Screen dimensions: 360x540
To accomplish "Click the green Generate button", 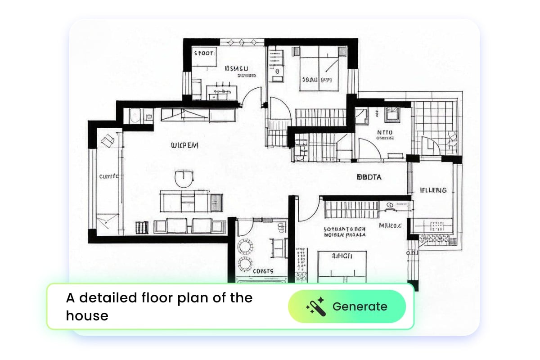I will click(347, 306).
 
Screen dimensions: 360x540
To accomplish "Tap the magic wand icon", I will click(315, 306).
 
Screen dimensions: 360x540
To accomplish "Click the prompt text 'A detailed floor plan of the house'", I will click(159, 306).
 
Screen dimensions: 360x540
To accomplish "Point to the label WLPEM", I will click(184, 145).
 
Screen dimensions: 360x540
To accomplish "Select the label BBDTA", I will click(369, 177).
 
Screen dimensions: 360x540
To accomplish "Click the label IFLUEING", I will click(433, 190).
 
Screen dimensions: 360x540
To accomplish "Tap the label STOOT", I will click(203, 54).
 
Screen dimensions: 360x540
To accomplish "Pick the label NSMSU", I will click(236, 69).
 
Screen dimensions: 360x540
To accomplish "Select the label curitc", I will click(109, 176).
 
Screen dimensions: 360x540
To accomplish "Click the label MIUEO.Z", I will click(390, 225).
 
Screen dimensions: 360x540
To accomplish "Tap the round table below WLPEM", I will click(184, 178).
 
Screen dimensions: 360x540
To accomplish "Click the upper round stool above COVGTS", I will click(246, 247).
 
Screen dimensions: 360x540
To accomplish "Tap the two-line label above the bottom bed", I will click(345, 231).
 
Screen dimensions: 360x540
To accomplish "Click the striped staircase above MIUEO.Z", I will click(351, 209).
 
